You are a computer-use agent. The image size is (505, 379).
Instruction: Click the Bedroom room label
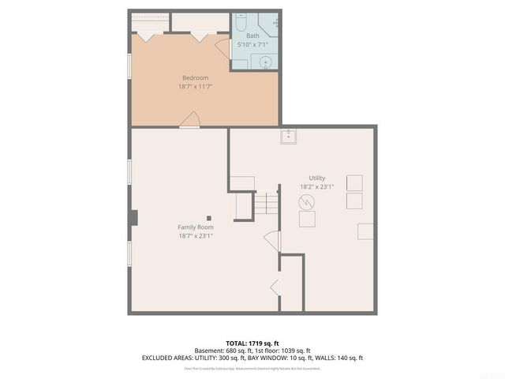(195, 77)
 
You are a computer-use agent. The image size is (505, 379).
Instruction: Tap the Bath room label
(252, 36)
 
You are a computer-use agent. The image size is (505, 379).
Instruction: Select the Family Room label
(195, 227)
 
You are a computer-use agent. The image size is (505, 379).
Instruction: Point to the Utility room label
(317, 178)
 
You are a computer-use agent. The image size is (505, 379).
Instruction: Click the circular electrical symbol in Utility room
(305, 202)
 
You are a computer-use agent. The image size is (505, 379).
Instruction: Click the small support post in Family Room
(209, 218)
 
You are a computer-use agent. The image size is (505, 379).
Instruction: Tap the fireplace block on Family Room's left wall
(133, 217)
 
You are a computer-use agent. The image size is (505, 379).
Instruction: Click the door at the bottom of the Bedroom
(190, 119)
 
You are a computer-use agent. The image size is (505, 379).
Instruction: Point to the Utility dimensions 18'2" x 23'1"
(317, 186)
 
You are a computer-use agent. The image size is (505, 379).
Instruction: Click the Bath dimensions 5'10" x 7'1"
(252, 44)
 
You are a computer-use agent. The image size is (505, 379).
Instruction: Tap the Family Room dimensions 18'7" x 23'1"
(195, 235)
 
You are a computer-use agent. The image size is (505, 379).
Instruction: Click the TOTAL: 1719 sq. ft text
(252, 343)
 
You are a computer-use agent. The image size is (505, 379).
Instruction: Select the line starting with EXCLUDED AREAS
(252, 358)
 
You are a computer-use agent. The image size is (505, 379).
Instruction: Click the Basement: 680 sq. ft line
(223, 351)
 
